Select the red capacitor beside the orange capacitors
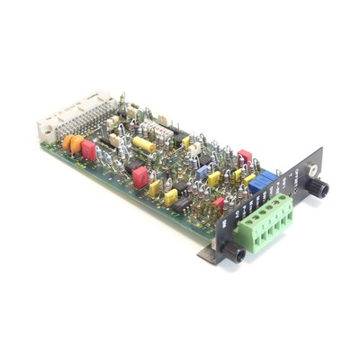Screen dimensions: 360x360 click(x=88, y=149)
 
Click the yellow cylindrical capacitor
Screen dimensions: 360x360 click(x=143, y=143)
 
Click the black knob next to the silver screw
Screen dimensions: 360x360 click(x=319, y=188)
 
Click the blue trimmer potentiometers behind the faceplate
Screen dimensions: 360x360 click(x=261, y=179)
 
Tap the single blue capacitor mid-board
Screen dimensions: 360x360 click(x=202, y=170)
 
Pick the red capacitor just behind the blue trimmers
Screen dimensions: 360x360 click(x=245, y=157)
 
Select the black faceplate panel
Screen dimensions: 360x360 click(x=270, y=207)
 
